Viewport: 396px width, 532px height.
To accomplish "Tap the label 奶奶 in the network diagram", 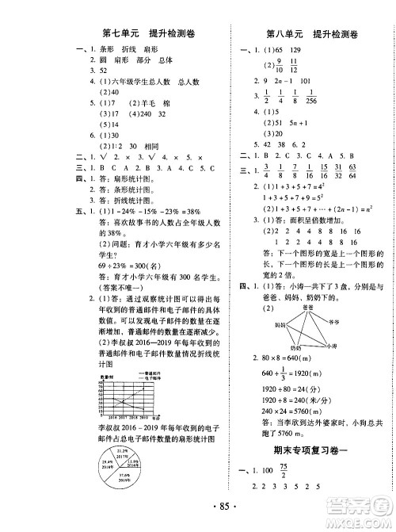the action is (295, 347).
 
